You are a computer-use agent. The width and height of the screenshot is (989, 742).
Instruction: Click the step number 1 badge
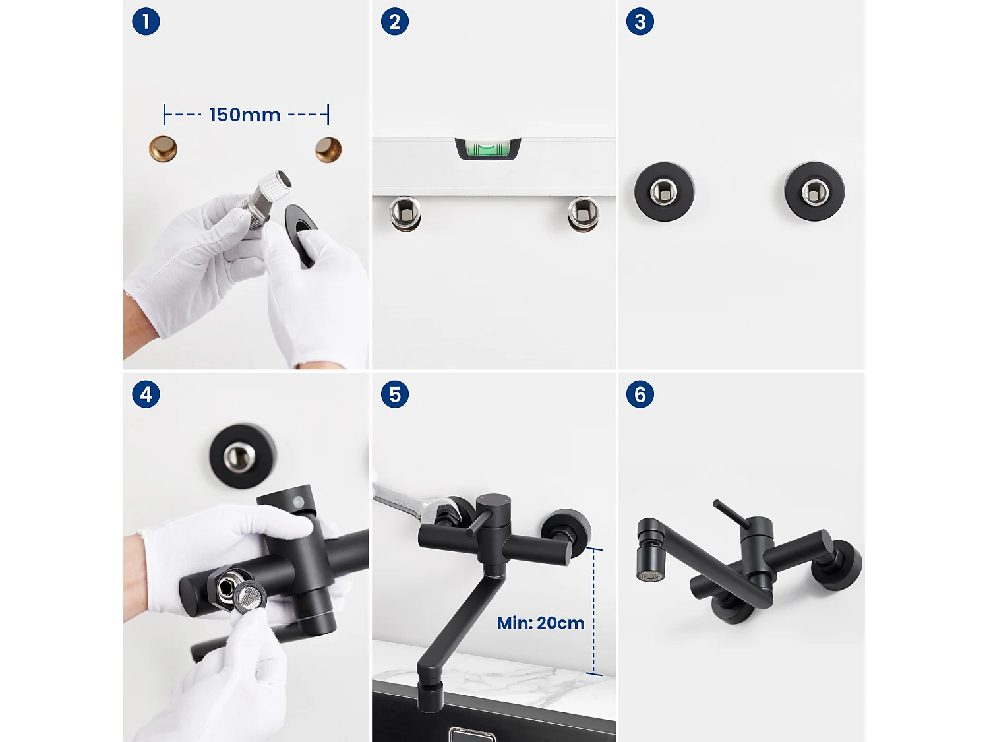[146, 22]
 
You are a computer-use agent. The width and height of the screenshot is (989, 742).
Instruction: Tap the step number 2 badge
[394, 22]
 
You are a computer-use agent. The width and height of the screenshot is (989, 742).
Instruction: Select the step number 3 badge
[640, 22]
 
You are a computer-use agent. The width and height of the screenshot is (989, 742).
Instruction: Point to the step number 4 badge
[146, 394]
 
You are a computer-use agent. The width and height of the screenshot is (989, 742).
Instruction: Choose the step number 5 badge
[394, 394]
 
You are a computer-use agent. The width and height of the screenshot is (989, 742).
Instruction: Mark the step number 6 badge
[640, 394]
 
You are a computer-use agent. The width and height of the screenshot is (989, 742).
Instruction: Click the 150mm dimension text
[245, 115]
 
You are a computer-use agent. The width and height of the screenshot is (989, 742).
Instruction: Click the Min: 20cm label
[541, 623]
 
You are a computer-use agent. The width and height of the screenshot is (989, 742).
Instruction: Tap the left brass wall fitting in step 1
[163, 149]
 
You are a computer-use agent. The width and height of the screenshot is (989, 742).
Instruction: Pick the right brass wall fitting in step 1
[328, 150]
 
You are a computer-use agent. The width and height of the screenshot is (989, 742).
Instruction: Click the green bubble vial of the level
[488, 148]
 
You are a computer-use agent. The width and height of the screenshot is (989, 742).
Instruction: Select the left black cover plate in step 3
[664, 192]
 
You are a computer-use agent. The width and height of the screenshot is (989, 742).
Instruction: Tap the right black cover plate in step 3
[814, 192]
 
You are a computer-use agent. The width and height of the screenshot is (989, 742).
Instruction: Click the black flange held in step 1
[301, 234]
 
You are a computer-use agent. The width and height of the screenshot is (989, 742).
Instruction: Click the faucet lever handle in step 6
[731, 514]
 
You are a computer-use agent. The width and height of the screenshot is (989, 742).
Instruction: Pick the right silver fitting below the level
[584, 214]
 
